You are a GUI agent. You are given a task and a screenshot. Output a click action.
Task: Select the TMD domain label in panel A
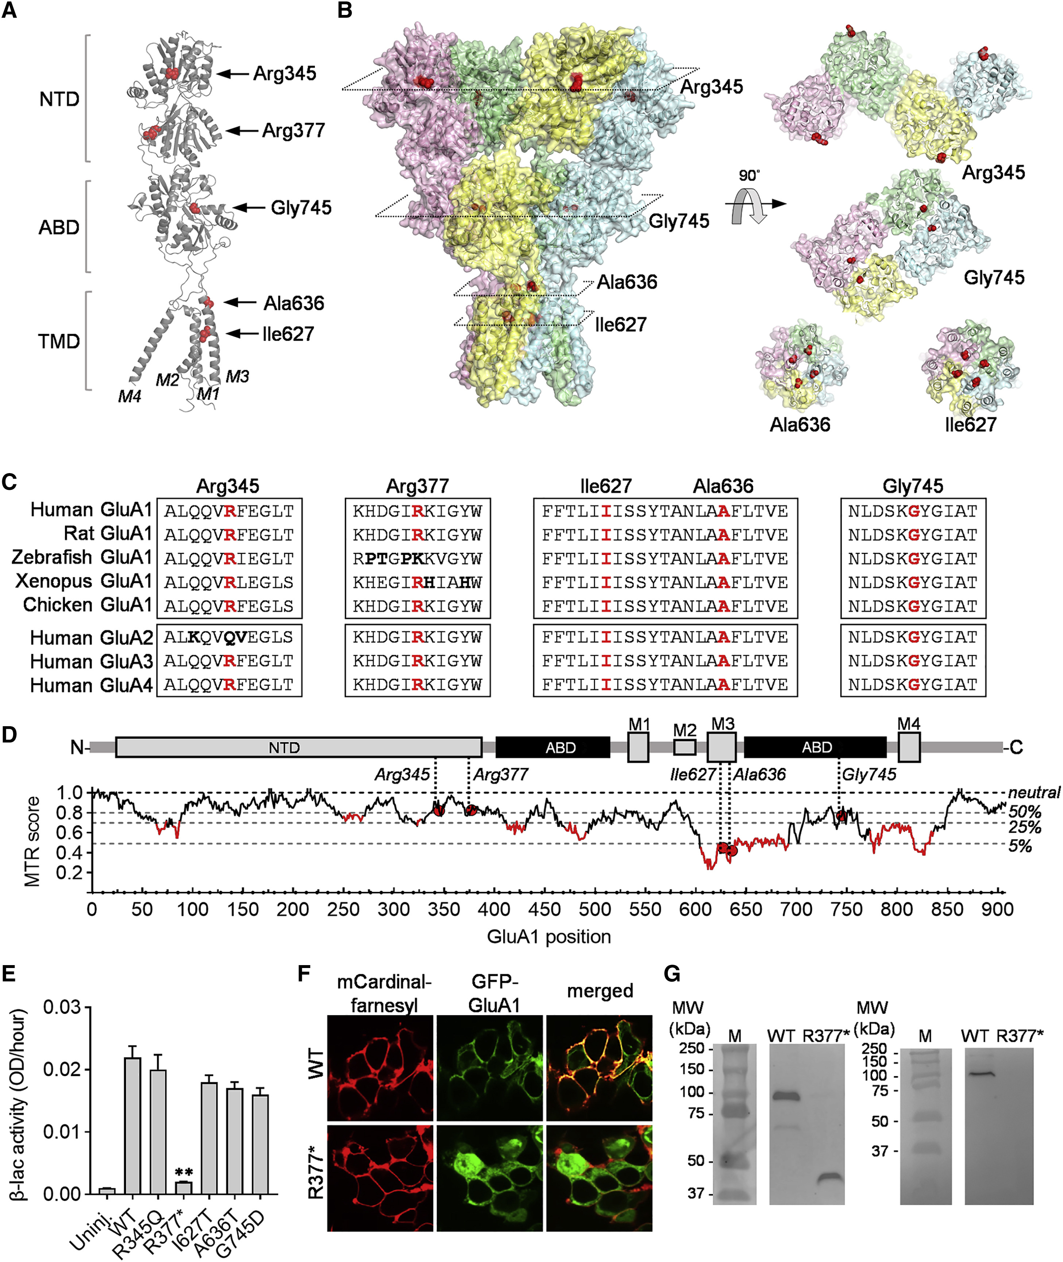click(x=59, y=341)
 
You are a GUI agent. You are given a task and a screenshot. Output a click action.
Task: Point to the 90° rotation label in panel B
click(x=749, y=175)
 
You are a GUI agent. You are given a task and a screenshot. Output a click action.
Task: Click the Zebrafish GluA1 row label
click(x=82, y=557)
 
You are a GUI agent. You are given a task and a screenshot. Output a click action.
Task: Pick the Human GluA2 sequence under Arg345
click(x=229, y=637)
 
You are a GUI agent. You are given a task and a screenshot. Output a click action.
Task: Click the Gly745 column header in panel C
click(x=913, y=486)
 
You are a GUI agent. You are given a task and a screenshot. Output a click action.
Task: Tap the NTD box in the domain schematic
click(x=298, y=748)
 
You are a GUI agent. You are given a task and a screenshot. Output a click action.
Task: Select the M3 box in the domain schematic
click(x=721, y=748)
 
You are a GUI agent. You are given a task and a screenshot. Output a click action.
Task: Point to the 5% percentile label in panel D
click(x=1020, y=846)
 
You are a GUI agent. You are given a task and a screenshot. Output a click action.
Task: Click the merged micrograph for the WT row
click(x=599, y=1068)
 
